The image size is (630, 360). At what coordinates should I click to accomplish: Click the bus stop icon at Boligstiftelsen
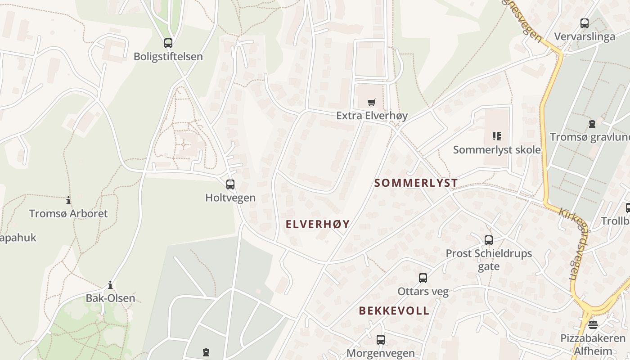point(168,43)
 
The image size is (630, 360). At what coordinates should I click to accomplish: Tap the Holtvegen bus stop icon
point(230,184)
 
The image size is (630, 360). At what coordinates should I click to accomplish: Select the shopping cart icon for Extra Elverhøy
point(371,103)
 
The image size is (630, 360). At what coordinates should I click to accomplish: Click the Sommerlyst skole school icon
point(497,136)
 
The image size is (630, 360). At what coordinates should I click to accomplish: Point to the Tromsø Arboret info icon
point(68,200)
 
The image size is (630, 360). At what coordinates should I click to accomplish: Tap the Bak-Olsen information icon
point(110,285)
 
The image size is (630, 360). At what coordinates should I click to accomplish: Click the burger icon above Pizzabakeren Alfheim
point(593,325)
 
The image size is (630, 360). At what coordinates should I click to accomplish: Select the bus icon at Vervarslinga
point(585,23)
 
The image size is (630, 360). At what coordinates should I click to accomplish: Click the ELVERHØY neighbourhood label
point(318,224)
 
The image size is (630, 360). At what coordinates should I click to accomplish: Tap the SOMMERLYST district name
point(416,183)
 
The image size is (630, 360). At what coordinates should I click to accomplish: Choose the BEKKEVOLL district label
point(394,311)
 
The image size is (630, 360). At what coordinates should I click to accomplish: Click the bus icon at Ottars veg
point(423,278)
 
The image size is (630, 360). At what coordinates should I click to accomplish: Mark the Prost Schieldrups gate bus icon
point(489,240)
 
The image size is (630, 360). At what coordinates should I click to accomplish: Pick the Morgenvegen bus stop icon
point(381,340)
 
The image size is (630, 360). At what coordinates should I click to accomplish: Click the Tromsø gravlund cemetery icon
point(592,123)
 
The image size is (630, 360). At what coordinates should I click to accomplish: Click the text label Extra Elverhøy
point(372,116)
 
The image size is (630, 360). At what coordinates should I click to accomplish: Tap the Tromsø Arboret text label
point(68,213)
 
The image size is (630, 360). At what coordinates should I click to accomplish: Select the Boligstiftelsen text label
point(168,57)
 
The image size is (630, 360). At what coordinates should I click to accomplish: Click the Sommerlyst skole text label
point(497,149)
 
